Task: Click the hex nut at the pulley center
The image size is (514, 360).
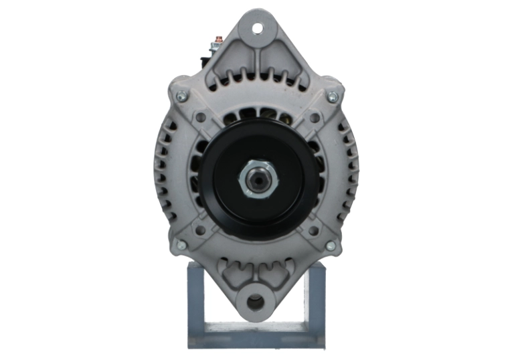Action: tap(257, 179)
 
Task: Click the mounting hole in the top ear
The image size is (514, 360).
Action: tap(257, 29)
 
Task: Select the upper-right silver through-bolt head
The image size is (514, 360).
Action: tap(332, 97)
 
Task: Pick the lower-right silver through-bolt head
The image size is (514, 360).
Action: tap(331, 246)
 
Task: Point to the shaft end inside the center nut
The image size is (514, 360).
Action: tap(257, 179)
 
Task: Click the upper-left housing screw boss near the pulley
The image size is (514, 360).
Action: tap(200, 117)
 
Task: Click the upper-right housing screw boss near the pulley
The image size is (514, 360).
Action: tap(313, 117)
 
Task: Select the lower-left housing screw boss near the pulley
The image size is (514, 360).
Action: tap(200, 230)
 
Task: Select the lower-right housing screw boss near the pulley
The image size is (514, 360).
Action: tap(313, 230)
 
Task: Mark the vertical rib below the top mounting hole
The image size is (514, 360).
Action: tap(257, 64)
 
